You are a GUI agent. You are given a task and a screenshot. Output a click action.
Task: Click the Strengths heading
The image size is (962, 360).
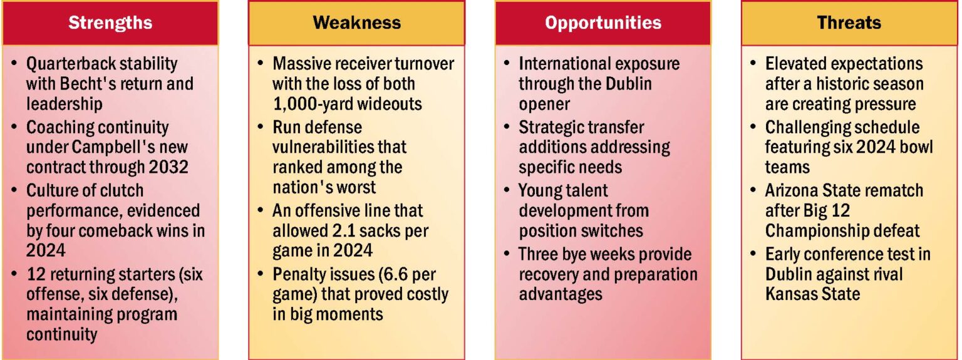(x=110, y=23)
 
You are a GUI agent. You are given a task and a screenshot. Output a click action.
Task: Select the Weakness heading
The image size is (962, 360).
(x=356, y=23)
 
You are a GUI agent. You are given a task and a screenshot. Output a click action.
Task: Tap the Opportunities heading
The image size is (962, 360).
(x=603, y=23)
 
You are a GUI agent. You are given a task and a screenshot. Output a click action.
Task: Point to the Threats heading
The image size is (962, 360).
(x=849, y=23)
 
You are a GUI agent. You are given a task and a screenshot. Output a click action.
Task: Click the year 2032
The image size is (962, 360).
(x=165, y=168)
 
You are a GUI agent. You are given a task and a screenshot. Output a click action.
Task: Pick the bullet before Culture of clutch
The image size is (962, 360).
(x=14, y=190)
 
